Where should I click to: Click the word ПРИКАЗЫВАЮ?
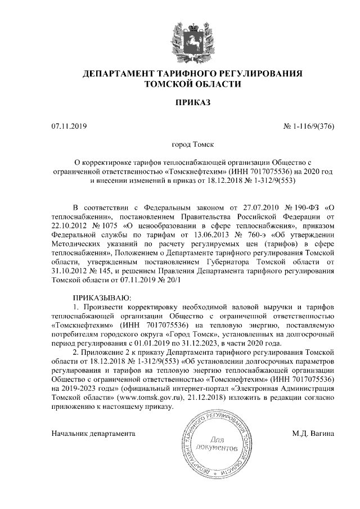point(102,296)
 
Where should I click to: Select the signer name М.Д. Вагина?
point(313,434)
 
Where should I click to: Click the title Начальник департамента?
point(93,434)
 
